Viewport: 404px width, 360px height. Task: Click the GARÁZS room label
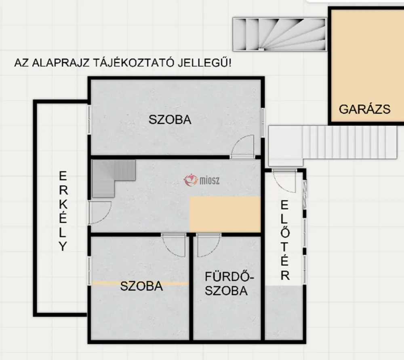[364, 109]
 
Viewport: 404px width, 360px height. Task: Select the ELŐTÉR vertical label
[285, 240]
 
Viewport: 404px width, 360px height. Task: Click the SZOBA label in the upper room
[170, 120]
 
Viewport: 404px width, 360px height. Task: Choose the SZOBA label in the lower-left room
[141, 286]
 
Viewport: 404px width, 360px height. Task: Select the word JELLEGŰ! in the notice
[204, 62]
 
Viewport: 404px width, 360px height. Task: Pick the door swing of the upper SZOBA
[242, 146]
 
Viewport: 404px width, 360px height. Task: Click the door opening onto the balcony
[99, 212]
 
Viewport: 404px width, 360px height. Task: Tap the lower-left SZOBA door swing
[174, 245]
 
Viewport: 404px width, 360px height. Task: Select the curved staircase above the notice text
[280, 34]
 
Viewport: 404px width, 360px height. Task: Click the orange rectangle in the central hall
[225, 214]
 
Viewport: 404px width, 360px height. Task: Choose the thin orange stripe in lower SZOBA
[140, 284]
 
